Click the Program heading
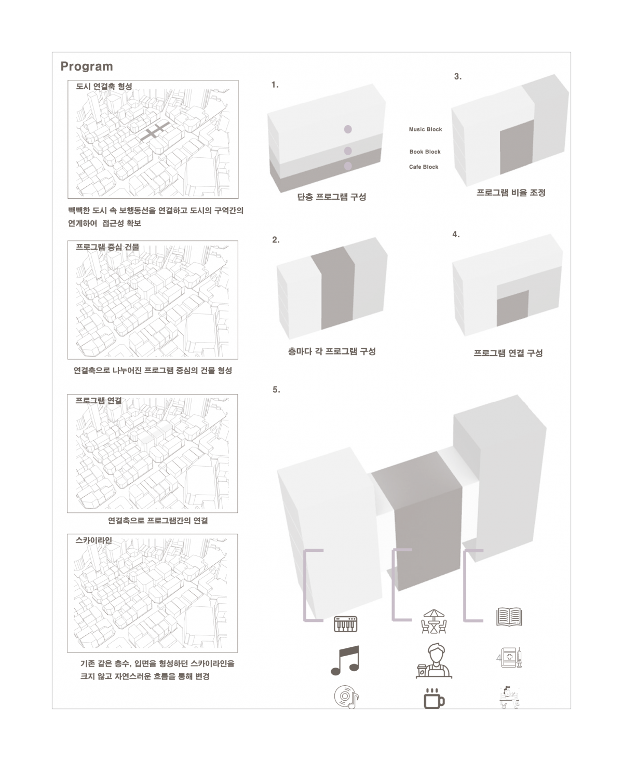87,66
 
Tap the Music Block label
425,129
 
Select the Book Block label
425,152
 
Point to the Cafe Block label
424,167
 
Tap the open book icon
509,617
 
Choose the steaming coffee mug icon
434,699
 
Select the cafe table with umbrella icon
434,621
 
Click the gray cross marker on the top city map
155,131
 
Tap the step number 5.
276,390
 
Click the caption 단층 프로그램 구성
332,197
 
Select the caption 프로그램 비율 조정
511,193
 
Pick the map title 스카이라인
94,540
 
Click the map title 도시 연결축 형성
104,86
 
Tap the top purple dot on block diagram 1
348,129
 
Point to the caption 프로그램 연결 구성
508,353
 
